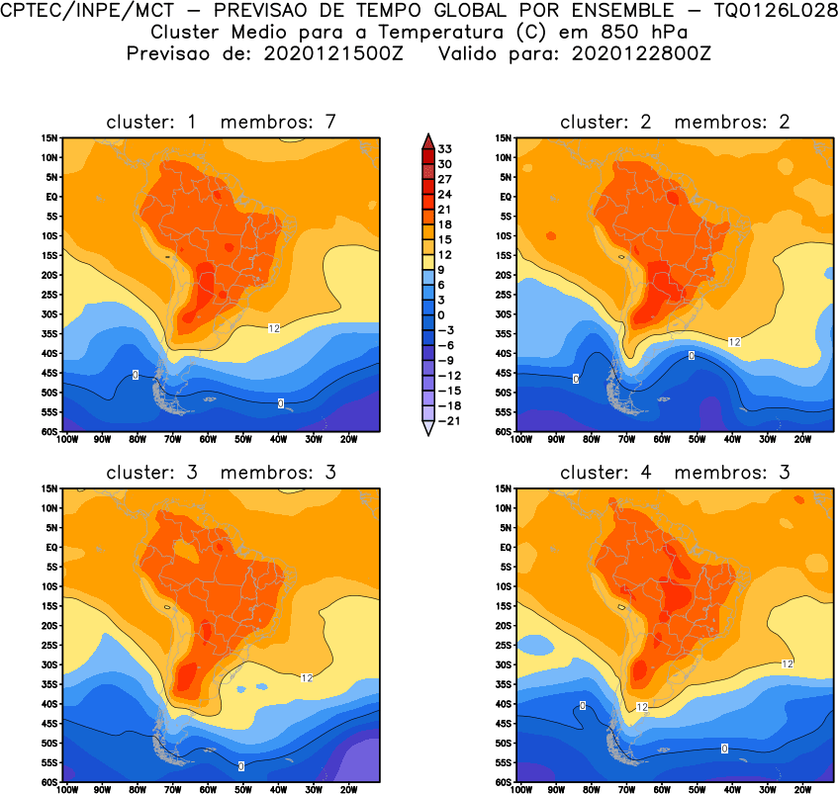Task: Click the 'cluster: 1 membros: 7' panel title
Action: pyautogui.click(x=222, y=122)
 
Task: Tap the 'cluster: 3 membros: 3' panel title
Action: pyautogui.click(x=222, y=473)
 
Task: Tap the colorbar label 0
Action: pyautogui.click(x=444, y=314)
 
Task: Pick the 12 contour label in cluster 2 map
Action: pyautogui.click(x=734, y=341)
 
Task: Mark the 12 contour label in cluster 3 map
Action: pyautogui.click(x=306, y=677)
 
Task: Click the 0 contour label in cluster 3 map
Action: pyautogui.click(x=241, y=766)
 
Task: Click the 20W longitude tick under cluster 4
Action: pyautogui.click(x=802, y=790)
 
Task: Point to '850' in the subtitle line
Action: pyautogui.click(x=574, y=32)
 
